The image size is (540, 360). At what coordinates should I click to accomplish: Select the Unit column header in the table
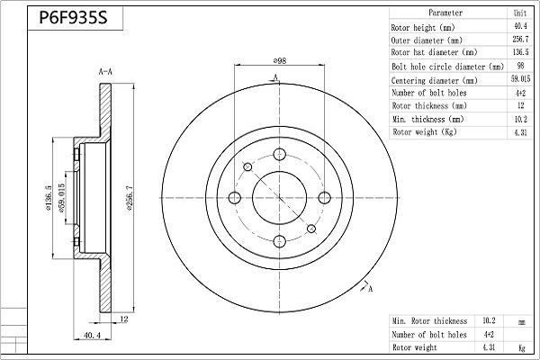tap(520, 13)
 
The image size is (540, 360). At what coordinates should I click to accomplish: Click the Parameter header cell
tap(445, 13)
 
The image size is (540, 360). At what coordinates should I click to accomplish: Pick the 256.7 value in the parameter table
tap(520, 40)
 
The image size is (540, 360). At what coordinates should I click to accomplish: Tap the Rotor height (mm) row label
tap(427, 27)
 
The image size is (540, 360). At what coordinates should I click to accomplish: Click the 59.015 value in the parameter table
tap(520, 79)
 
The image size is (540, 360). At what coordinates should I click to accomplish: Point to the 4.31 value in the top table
tap(520, 132)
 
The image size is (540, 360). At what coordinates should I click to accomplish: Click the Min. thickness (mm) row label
tap(428, 119)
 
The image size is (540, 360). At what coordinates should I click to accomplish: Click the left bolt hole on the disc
tap(236, 198)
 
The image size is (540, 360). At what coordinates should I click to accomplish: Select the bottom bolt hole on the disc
tap(279, 241)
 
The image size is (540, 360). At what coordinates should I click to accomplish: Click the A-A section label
tap(104, 69)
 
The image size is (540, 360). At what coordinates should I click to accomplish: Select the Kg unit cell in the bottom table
tap(519, 347)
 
